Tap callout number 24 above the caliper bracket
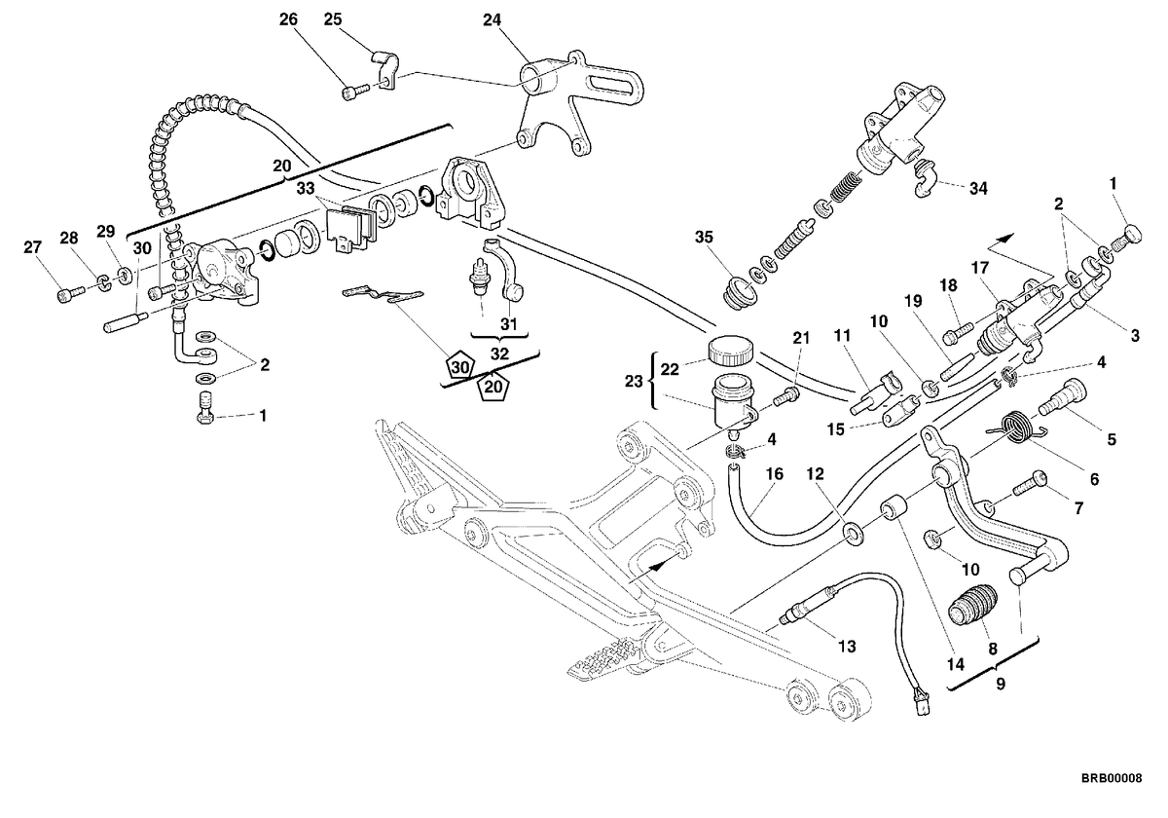(492, 19)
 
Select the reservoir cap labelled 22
(730, 350)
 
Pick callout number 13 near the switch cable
(848, 647)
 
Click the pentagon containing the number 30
(459, 367)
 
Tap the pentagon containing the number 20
(493, 388)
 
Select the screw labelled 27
(70, 293)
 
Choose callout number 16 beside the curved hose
(775, 474)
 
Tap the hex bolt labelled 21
(785, 397)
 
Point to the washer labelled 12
(853, 533)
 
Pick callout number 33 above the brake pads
(306, 188)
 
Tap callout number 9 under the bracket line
(1001, 684)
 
